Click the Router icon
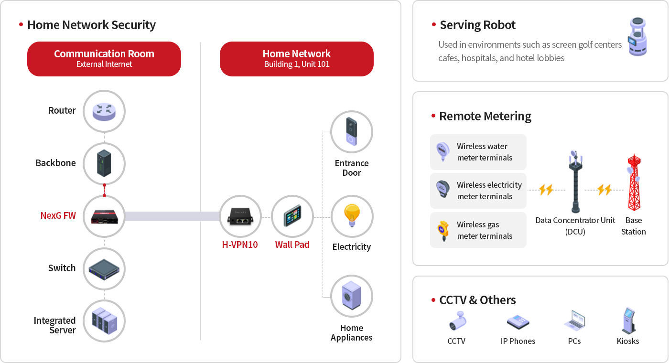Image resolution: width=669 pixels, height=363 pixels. (x=104, y=111)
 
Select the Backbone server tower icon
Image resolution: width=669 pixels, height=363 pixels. (x=104, y=163)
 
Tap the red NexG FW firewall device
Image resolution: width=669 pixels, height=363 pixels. (x=104, y=216)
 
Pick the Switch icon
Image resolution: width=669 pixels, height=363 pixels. (x=104, y=268)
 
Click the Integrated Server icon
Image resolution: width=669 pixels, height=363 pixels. (x=104, y=320)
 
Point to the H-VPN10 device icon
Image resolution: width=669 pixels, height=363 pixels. (x=240, y=216)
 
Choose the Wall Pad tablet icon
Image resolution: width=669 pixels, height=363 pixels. (x=292, y=216)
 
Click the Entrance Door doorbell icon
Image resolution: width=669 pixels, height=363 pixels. (x=352, y=132)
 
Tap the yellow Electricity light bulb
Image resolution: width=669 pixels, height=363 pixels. (x=352, y=216)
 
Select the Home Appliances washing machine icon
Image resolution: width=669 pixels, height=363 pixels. (x=352, y=296)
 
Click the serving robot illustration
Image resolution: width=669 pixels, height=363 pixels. (x=637, y=37)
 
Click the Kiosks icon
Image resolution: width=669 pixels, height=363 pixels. (x=628, y=320)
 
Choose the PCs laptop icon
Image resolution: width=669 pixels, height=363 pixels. (x=574, y=321)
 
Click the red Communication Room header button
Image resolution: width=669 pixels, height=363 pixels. (x=104, y=59)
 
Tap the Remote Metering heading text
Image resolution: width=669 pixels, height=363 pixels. (x=485, y=116)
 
